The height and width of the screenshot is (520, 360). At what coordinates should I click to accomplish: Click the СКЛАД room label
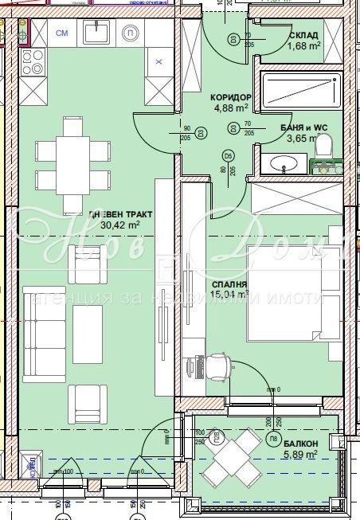tap(303, 35)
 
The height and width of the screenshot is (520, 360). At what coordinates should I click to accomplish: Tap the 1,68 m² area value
tap(303, 45)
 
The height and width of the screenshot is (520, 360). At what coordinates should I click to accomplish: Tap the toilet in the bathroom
tap(323, 147)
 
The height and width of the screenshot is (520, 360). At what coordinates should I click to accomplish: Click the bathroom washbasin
tap(284, 163)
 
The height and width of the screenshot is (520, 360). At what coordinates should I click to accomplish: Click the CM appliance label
tap(61, 33)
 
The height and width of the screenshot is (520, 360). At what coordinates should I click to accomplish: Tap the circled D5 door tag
tap(228, 155)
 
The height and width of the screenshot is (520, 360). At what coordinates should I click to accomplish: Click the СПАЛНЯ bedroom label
tap(229, 283)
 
